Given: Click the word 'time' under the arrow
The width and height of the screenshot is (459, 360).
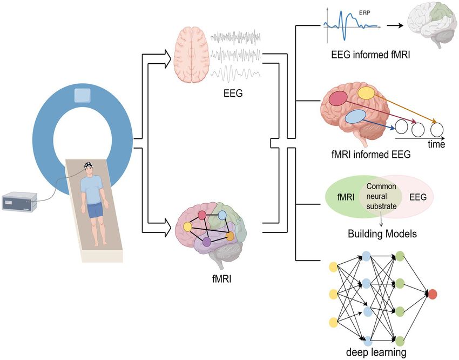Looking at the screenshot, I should click(436, 145).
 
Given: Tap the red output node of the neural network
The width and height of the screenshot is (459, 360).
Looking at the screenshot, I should click(433, 294).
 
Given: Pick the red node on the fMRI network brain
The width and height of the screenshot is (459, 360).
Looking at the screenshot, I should click(202, 215).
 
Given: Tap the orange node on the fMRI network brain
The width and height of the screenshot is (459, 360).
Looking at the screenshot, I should click(230, 236).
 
